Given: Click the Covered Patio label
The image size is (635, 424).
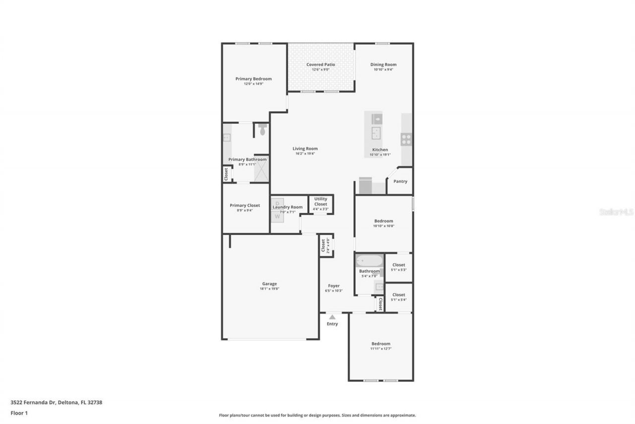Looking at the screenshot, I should [x=320, y=65].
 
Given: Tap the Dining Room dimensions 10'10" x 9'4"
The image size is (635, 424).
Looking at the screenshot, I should [x=383, y=70].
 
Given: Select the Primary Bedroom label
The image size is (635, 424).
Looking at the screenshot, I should [x=253, y=79].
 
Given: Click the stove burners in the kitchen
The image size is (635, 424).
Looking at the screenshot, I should [x=406, y=139].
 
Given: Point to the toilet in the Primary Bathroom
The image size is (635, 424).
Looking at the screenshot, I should [x=262, y=130].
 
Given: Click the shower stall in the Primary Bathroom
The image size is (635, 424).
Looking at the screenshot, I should [x=261, y=170].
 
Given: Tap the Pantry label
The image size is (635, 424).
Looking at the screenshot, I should [x=400, y=181].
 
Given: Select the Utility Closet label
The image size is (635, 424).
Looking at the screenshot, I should [x=320, y=201].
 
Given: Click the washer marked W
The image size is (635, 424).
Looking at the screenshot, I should [x=277, y=216].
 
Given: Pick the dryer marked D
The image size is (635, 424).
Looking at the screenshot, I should [x=277, y=203].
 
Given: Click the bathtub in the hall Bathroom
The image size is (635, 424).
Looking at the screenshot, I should [x=369, y=260].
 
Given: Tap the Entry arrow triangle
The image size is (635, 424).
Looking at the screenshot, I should [x=332, y=317].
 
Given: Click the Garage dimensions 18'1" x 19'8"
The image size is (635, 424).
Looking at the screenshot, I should [x=269, y=289].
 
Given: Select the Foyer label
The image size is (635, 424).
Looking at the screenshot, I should [x=333, y=286].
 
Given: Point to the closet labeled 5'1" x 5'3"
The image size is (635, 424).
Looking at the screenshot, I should [x=398, y=267].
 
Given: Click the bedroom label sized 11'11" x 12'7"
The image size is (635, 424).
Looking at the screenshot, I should [x=381, y=343].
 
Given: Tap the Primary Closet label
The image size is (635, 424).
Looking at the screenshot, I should [x=245, y=205].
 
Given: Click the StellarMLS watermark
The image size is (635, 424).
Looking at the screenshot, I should [x=616, y=212].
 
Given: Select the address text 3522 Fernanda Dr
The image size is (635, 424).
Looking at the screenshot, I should [x=33, y=403].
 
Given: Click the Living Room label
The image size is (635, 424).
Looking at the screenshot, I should [x=305, y=149].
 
